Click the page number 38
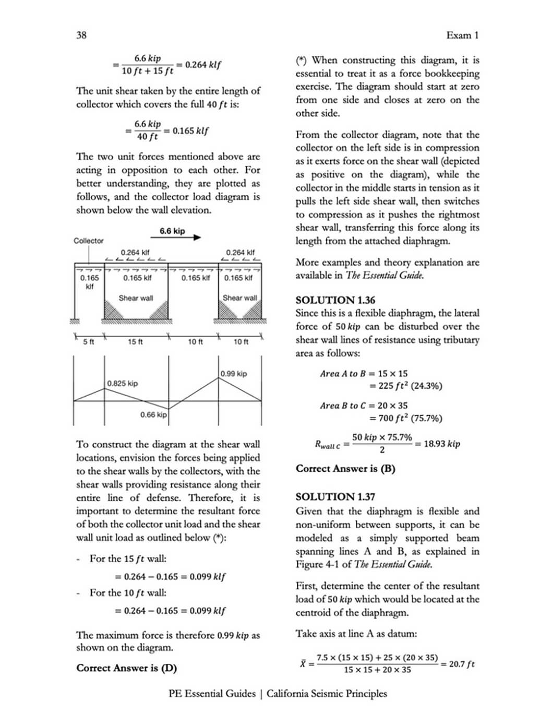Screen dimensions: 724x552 81,35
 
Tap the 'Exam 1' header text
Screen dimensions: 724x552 462,35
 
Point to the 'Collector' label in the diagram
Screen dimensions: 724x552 88,241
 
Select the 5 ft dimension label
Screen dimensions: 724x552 89,342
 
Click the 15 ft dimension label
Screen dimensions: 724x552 135,342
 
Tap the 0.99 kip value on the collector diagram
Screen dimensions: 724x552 233,374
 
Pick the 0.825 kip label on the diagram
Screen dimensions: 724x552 123,384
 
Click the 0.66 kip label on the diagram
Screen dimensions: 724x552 153,415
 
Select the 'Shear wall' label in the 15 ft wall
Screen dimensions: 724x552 136,298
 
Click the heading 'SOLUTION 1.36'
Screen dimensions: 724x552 335,300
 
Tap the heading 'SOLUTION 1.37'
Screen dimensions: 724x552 335,497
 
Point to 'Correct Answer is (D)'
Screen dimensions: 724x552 126,668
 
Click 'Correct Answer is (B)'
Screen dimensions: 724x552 345,469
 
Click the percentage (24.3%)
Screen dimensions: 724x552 426,386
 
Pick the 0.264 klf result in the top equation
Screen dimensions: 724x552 203,65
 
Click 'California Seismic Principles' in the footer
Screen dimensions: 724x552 327,694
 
